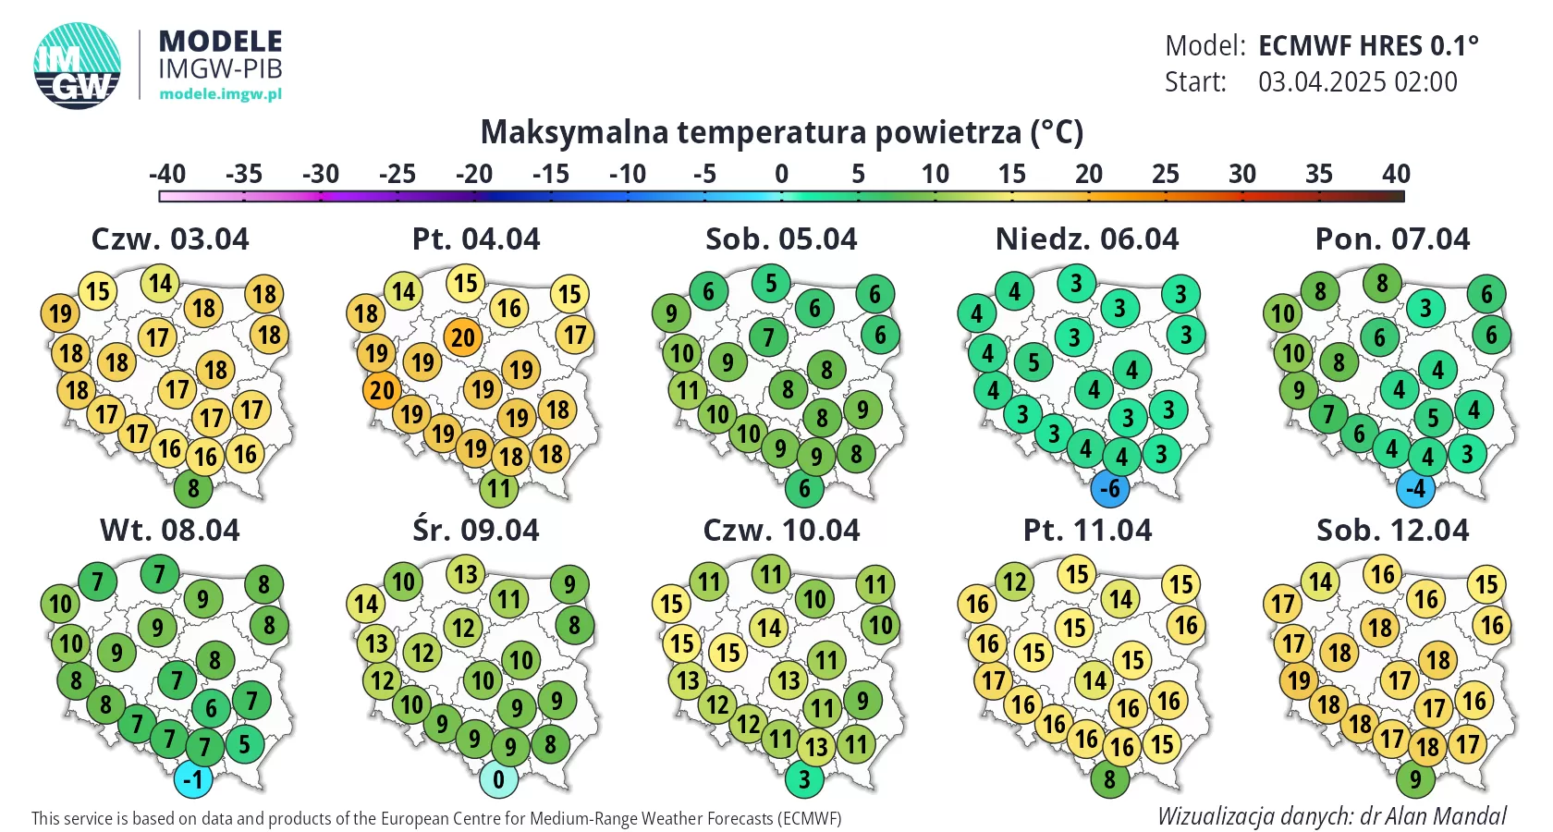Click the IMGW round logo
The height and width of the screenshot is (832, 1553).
tap(78, 66)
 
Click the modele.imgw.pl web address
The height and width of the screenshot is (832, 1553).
tap(220, 93)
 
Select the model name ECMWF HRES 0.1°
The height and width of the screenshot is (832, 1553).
tap(1368, 45)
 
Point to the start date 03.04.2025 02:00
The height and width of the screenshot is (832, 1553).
tap(1357, 82)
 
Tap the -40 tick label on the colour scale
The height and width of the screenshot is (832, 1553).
tap(167, 174)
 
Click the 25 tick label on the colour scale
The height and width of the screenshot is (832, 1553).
tap(1166, 174)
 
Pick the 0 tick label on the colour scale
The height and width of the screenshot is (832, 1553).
tap(782, 174)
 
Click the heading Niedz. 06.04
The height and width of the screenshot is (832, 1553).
tap(1087, 239)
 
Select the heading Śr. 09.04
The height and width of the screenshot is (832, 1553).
tap(476, 531)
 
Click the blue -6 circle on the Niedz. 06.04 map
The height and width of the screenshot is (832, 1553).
tap(1110, 489)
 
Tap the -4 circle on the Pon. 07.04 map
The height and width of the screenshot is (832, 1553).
tap(1415, 488)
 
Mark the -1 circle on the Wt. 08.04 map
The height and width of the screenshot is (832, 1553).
tap(193, 779)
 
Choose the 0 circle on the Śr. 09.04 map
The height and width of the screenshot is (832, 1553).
tap(499, 779)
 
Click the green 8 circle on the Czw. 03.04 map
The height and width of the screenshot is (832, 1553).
tap(193, 488)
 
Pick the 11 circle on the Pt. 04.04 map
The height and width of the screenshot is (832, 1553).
tap(499, 488)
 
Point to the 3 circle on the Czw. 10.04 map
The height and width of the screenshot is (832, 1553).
tap(804, 779)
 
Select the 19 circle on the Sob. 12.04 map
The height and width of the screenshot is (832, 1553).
tap(1300, 681)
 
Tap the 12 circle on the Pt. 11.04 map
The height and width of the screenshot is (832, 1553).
tap(1015, 582)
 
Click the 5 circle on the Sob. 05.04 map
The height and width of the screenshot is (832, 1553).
tap(771, 283)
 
